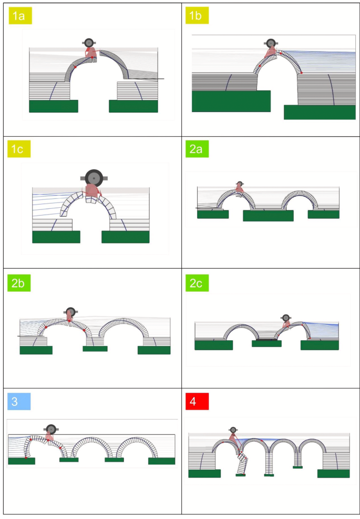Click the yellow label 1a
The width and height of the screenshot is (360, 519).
(20, 16)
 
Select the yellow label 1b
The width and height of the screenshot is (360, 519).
(197, 16)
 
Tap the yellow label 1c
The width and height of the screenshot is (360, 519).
(19, 149)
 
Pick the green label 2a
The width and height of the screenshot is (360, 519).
(197, 149)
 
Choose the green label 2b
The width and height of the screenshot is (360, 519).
(19, 283)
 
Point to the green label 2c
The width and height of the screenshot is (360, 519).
(197, 283)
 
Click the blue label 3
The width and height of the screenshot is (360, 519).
(19, 402)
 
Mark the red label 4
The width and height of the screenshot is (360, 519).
(197, 402)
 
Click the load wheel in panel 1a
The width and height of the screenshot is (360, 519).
(89, 43)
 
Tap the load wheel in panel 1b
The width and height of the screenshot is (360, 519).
(271, 43)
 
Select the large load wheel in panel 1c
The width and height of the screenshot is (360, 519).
(94, 178)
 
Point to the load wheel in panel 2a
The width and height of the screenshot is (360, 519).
(240, 184)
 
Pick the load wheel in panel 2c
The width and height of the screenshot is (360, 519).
(286, 319)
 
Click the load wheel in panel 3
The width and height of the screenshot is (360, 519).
(50, 430)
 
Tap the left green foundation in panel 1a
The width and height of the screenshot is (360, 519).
(54, 106)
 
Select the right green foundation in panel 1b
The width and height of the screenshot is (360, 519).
(320, 112)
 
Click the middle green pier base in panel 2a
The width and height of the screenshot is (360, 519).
(269, 216)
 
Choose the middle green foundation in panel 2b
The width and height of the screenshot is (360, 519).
(95, 349)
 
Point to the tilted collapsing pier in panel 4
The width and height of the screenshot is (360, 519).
(242, 463)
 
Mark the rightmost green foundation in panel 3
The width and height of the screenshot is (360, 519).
(161, 461)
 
